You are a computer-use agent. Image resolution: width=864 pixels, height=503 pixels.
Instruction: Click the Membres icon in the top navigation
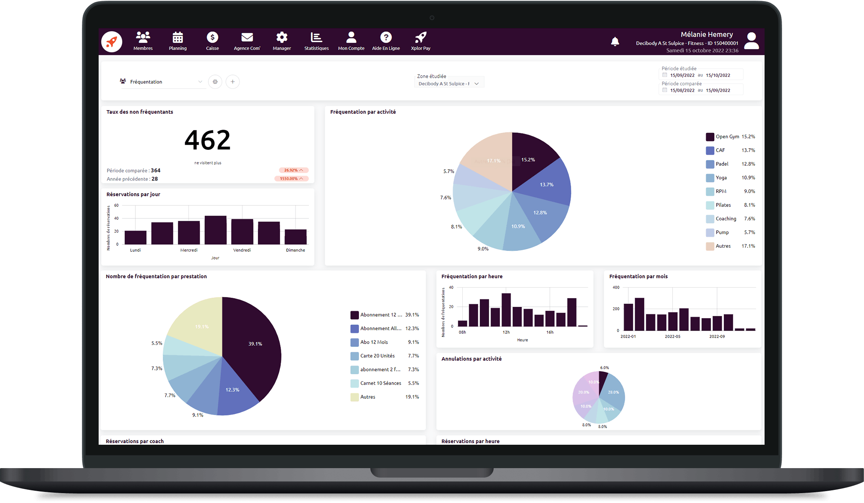[143, 38]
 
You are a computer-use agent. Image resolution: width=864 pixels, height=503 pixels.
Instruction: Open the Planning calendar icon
[177, 38]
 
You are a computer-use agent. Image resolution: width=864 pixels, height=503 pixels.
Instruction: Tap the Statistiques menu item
[316, 41]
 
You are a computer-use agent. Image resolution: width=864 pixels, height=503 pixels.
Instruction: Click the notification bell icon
[615, 42]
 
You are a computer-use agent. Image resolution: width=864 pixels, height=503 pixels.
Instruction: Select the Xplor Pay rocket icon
[420, 38]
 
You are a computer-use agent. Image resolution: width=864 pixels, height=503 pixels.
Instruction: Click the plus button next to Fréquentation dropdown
[233, 82]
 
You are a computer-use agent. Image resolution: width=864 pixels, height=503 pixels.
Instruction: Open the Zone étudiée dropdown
[449, 84]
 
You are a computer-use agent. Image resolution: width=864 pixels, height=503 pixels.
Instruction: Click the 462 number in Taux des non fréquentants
[207, 140]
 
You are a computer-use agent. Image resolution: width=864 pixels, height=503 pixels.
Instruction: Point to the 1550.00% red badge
[291, 179]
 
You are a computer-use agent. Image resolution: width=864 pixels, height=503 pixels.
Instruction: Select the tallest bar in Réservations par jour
[215, 230]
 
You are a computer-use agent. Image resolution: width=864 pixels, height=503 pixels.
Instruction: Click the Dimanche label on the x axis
[296, 250]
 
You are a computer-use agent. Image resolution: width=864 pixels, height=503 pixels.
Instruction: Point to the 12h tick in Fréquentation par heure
[506, 332]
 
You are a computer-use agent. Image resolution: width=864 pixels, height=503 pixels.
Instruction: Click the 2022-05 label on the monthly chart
[672, 337]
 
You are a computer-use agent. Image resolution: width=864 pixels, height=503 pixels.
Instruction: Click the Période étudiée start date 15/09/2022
[682, 75]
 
